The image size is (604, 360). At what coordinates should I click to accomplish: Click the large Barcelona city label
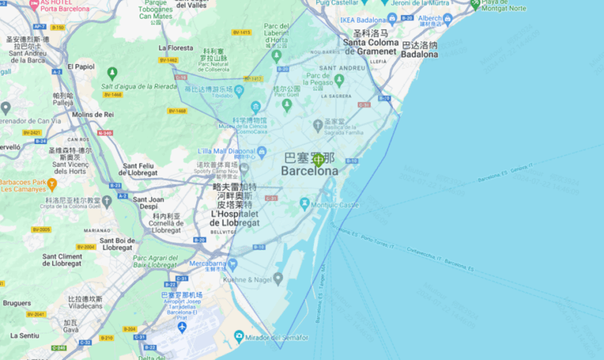click(x=310, y=171)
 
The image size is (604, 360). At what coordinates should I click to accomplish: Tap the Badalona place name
click(x=419, y=54)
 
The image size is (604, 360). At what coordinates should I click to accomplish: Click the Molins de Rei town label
click(x=93, y=114)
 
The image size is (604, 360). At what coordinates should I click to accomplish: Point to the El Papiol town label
click(x=81, y=66)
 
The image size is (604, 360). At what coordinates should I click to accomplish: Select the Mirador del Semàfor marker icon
click(x=239, y=336)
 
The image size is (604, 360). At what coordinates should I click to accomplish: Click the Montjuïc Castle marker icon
click(x=305, y=204)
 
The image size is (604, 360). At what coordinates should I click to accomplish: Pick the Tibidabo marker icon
click(x=239, y=91)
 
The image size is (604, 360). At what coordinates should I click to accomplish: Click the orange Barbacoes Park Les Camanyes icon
click(x=51, y=183)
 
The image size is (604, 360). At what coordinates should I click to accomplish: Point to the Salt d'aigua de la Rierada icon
click(x=112, y=73)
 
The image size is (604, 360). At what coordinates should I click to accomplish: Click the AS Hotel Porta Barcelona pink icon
click(x=34, y=4)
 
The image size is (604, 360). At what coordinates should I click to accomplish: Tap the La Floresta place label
click(x=176, y=48)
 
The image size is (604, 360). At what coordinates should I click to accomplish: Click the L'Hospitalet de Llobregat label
click(x=235, y=219)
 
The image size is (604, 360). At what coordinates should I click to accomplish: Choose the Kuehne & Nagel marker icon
click(x=278, y=278)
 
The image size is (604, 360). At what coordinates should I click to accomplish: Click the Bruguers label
click(x=17, y=303)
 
